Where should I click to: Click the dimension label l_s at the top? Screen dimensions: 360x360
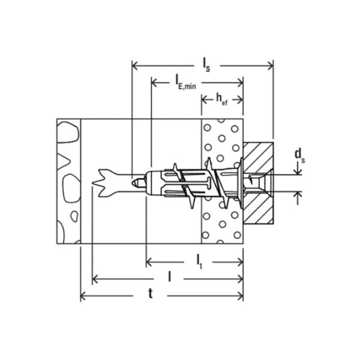coord(206,65)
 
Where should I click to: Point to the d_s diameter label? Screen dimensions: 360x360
coord(300,155)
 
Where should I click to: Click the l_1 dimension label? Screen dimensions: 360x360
coord(199,262)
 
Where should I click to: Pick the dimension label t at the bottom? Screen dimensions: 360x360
coord(151,293)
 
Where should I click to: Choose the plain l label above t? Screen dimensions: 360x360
coord(169,276)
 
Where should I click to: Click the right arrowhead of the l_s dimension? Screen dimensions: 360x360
coord(270,66)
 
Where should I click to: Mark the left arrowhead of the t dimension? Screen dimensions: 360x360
coord(83,296)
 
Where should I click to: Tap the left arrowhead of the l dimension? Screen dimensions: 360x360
coord(95,279)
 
